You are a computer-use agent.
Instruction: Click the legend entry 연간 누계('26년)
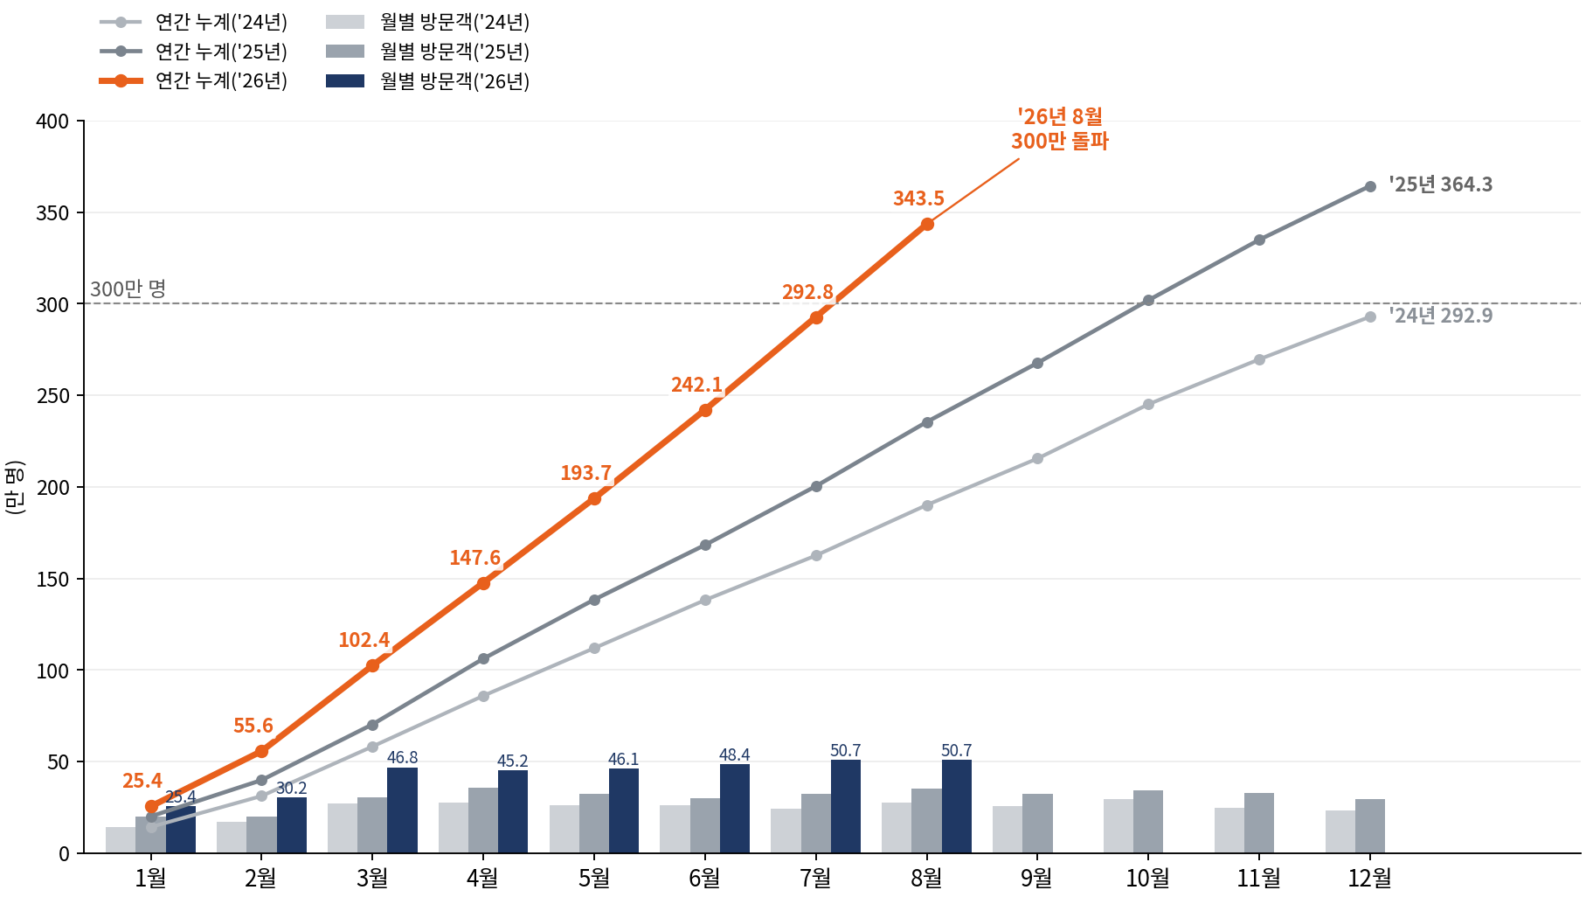(x=194, y=80)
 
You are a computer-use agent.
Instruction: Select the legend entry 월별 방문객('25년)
(x=428, y=52)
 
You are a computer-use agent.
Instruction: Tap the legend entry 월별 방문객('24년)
(x=428, y=22)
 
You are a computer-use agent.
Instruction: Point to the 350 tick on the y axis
(x=52, y=212)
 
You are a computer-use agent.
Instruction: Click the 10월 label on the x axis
(x=1147, y=878)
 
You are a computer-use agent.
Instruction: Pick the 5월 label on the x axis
(x=594, y=878)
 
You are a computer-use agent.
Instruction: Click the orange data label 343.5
(x=918, y=198)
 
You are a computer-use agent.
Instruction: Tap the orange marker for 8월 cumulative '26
(x=927, y=225)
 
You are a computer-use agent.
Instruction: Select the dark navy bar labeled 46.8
(x=402, y=810)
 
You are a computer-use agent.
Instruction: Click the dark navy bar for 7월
(x=846, y=807)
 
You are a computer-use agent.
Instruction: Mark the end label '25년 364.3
(x=1441, y=184)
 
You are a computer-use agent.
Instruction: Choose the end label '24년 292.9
(x=1441, y=316)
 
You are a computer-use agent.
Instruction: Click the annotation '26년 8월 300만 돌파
(x=1060, y=129)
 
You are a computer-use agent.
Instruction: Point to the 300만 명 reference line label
(x=128, y=289)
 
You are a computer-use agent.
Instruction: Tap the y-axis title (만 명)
(x=15, y=487)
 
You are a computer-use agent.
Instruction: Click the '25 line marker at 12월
(x=1370, y=186)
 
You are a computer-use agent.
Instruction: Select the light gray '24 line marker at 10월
(x=1148, y=405)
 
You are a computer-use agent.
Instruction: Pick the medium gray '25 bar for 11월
(x=1259, y=824)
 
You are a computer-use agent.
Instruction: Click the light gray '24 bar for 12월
(x=1340, y=832)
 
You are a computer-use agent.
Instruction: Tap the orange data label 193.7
(x=585, y=473)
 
